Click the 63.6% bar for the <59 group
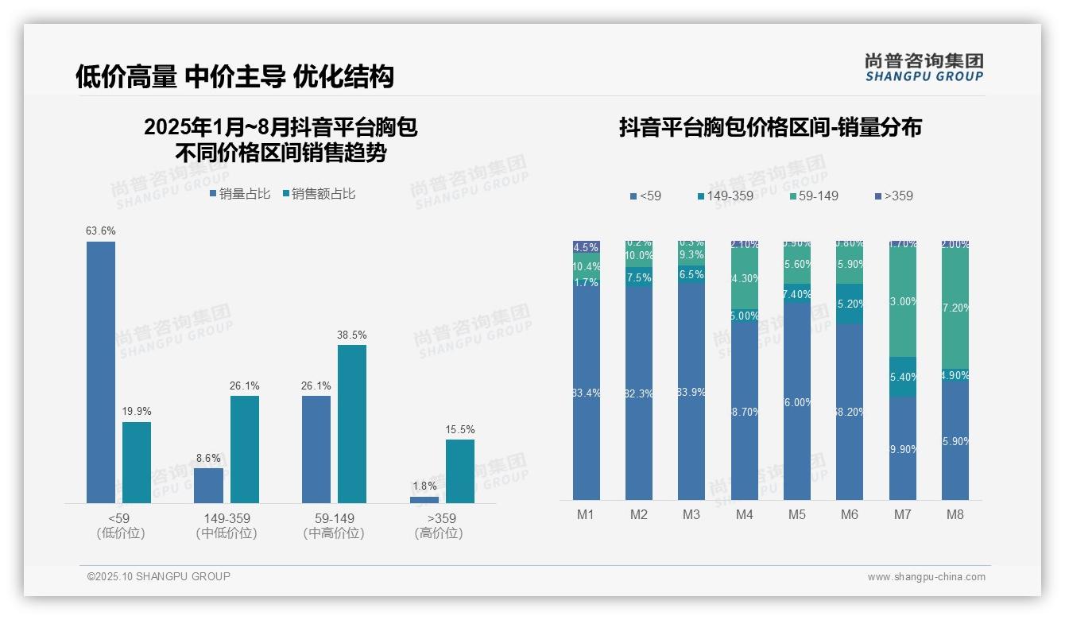click(x=101, y=372)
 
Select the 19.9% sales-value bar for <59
click(x=137, y=462)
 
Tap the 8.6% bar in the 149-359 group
click(x=209, y=485)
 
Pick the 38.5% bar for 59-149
click(x=352, y=424)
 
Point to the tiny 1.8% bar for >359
click(x=424, y=499)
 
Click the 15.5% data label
click(x=460, y=430)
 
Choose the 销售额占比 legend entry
click(x=319, y=194)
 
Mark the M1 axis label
click(x=586, y=514)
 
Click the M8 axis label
click(x=955, y=514)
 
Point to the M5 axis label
click(x=797, y=514)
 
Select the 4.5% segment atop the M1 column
click(x=587, y=246)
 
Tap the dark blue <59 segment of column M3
click(x=691, y=391)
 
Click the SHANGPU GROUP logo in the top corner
click(x=924, y=67)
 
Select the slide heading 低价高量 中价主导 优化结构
click(x=234, y=76)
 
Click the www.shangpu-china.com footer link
click(x=926, y=577)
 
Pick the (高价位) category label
click(x=438, y=533)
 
